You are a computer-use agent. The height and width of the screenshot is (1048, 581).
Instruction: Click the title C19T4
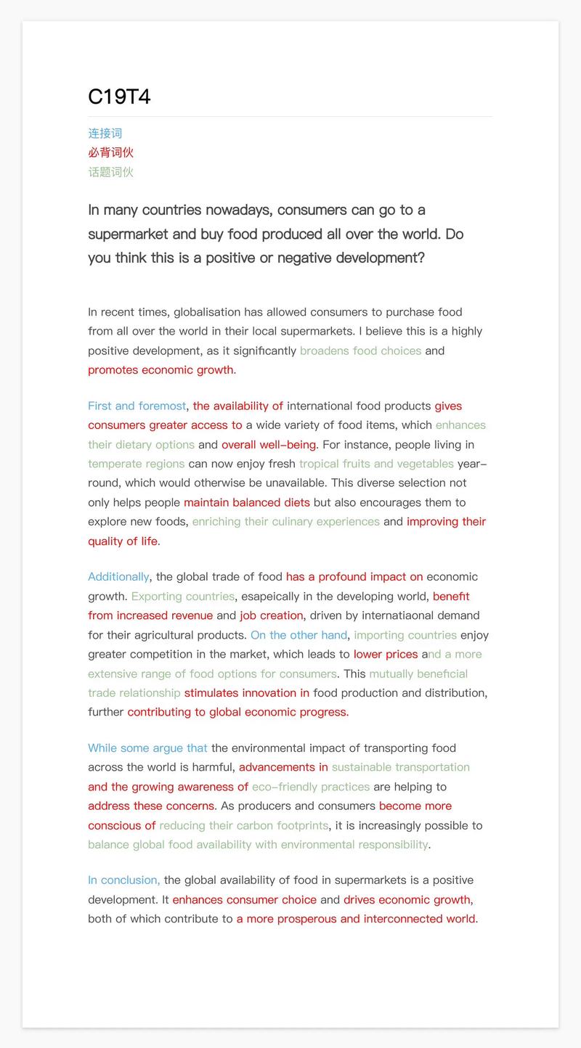coord(119,97)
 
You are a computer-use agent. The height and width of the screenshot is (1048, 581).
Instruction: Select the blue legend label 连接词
coord(105,134)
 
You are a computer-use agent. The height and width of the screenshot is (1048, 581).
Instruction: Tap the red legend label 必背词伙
coord(110,152)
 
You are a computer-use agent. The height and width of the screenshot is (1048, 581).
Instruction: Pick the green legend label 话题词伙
coord(110,172)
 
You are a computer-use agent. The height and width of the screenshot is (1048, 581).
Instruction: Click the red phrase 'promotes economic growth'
coord(161,370)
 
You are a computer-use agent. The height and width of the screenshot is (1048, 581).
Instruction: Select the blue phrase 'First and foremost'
coord(137,406)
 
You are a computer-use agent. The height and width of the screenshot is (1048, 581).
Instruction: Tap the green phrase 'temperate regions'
coord(136,464)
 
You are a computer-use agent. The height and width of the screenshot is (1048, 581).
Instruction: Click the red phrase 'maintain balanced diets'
coord(246,502)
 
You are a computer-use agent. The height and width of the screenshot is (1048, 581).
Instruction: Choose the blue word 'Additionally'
coord(118,577)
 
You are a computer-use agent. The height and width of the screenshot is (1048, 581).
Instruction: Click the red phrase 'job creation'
coord(271,615)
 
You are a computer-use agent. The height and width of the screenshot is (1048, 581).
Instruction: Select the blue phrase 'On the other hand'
coord(298,635)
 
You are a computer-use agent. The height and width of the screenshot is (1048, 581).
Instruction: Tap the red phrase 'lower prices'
coord(385,655)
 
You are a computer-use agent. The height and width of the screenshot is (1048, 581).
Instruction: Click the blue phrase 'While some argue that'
coord(147,748)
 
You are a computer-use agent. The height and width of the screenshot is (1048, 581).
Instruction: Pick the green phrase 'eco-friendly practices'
coord(310,787)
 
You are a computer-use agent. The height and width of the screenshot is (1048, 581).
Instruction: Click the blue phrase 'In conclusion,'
coord(123,880)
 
